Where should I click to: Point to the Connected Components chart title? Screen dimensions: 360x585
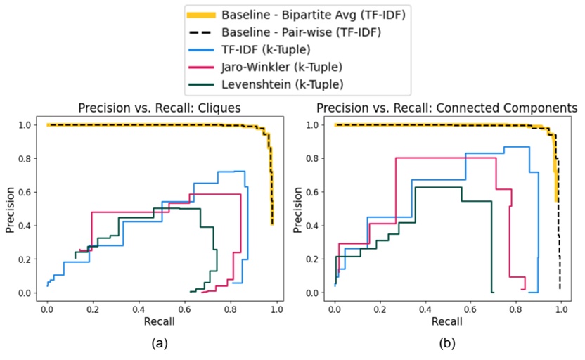tap(447, 109)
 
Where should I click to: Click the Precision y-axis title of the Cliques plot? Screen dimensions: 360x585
tap(10, 208)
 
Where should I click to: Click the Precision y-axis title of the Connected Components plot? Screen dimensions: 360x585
tap(296, 208)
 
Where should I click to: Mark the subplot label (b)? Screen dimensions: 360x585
tap(447, 345)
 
